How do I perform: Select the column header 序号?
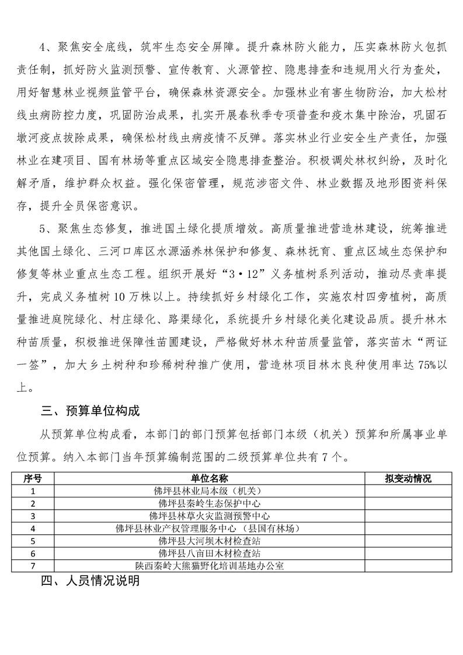click(x=33, y=479)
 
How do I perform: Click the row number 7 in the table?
click(x=33, y=565)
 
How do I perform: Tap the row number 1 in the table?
click(x=33, y=491)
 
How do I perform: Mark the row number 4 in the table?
click(x=33, y=528)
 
